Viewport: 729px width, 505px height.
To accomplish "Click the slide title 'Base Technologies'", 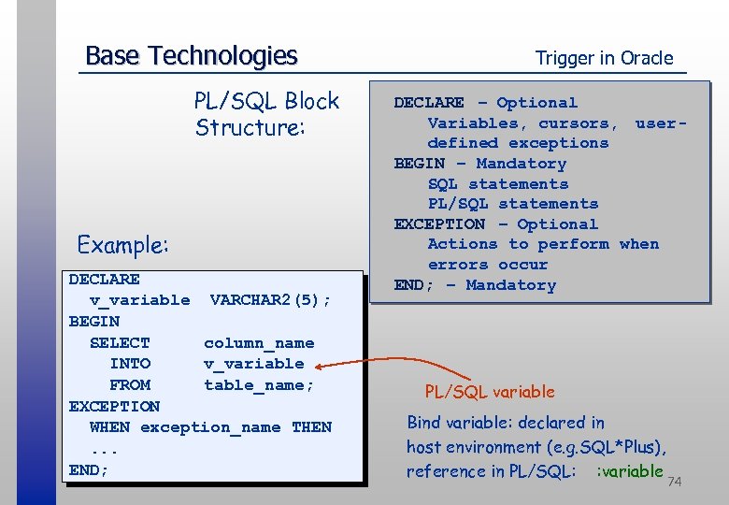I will tap(191, 56).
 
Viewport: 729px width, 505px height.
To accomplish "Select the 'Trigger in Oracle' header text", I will tap(604, 58).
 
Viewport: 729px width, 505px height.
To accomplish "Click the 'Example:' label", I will tap(123, 245).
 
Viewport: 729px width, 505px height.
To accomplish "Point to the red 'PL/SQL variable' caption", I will tap(490, 392).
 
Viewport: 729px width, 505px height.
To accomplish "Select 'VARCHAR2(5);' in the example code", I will tap(270, 300).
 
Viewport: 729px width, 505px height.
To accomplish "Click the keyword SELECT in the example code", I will tap(120, 343).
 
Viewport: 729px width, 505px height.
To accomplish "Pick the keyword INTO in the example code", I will tap(130, 364).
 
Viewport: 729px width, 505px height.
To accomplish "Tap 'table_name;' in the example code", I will tap(259, 384).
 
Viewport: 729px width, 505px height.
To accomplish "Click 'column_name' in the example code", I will tap(259, 343).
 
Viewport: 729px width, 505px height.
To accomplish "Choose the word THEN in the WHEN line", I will tap(311, 427).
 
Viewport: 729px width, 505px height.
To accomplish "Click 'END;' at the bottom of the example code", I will tap(89, 469).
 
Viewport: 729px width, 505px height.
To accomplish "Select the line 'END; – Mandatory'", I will tap(475, 285).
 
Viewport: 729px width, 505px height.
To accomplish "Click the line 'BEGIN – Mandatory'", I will tap(480, 164).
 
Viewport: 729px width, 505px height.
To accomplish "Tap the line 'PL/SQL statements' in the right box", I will tap(513, 204).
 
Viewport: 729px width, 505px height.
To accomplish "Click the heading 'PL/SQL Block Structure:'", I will tap(266, 113).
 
